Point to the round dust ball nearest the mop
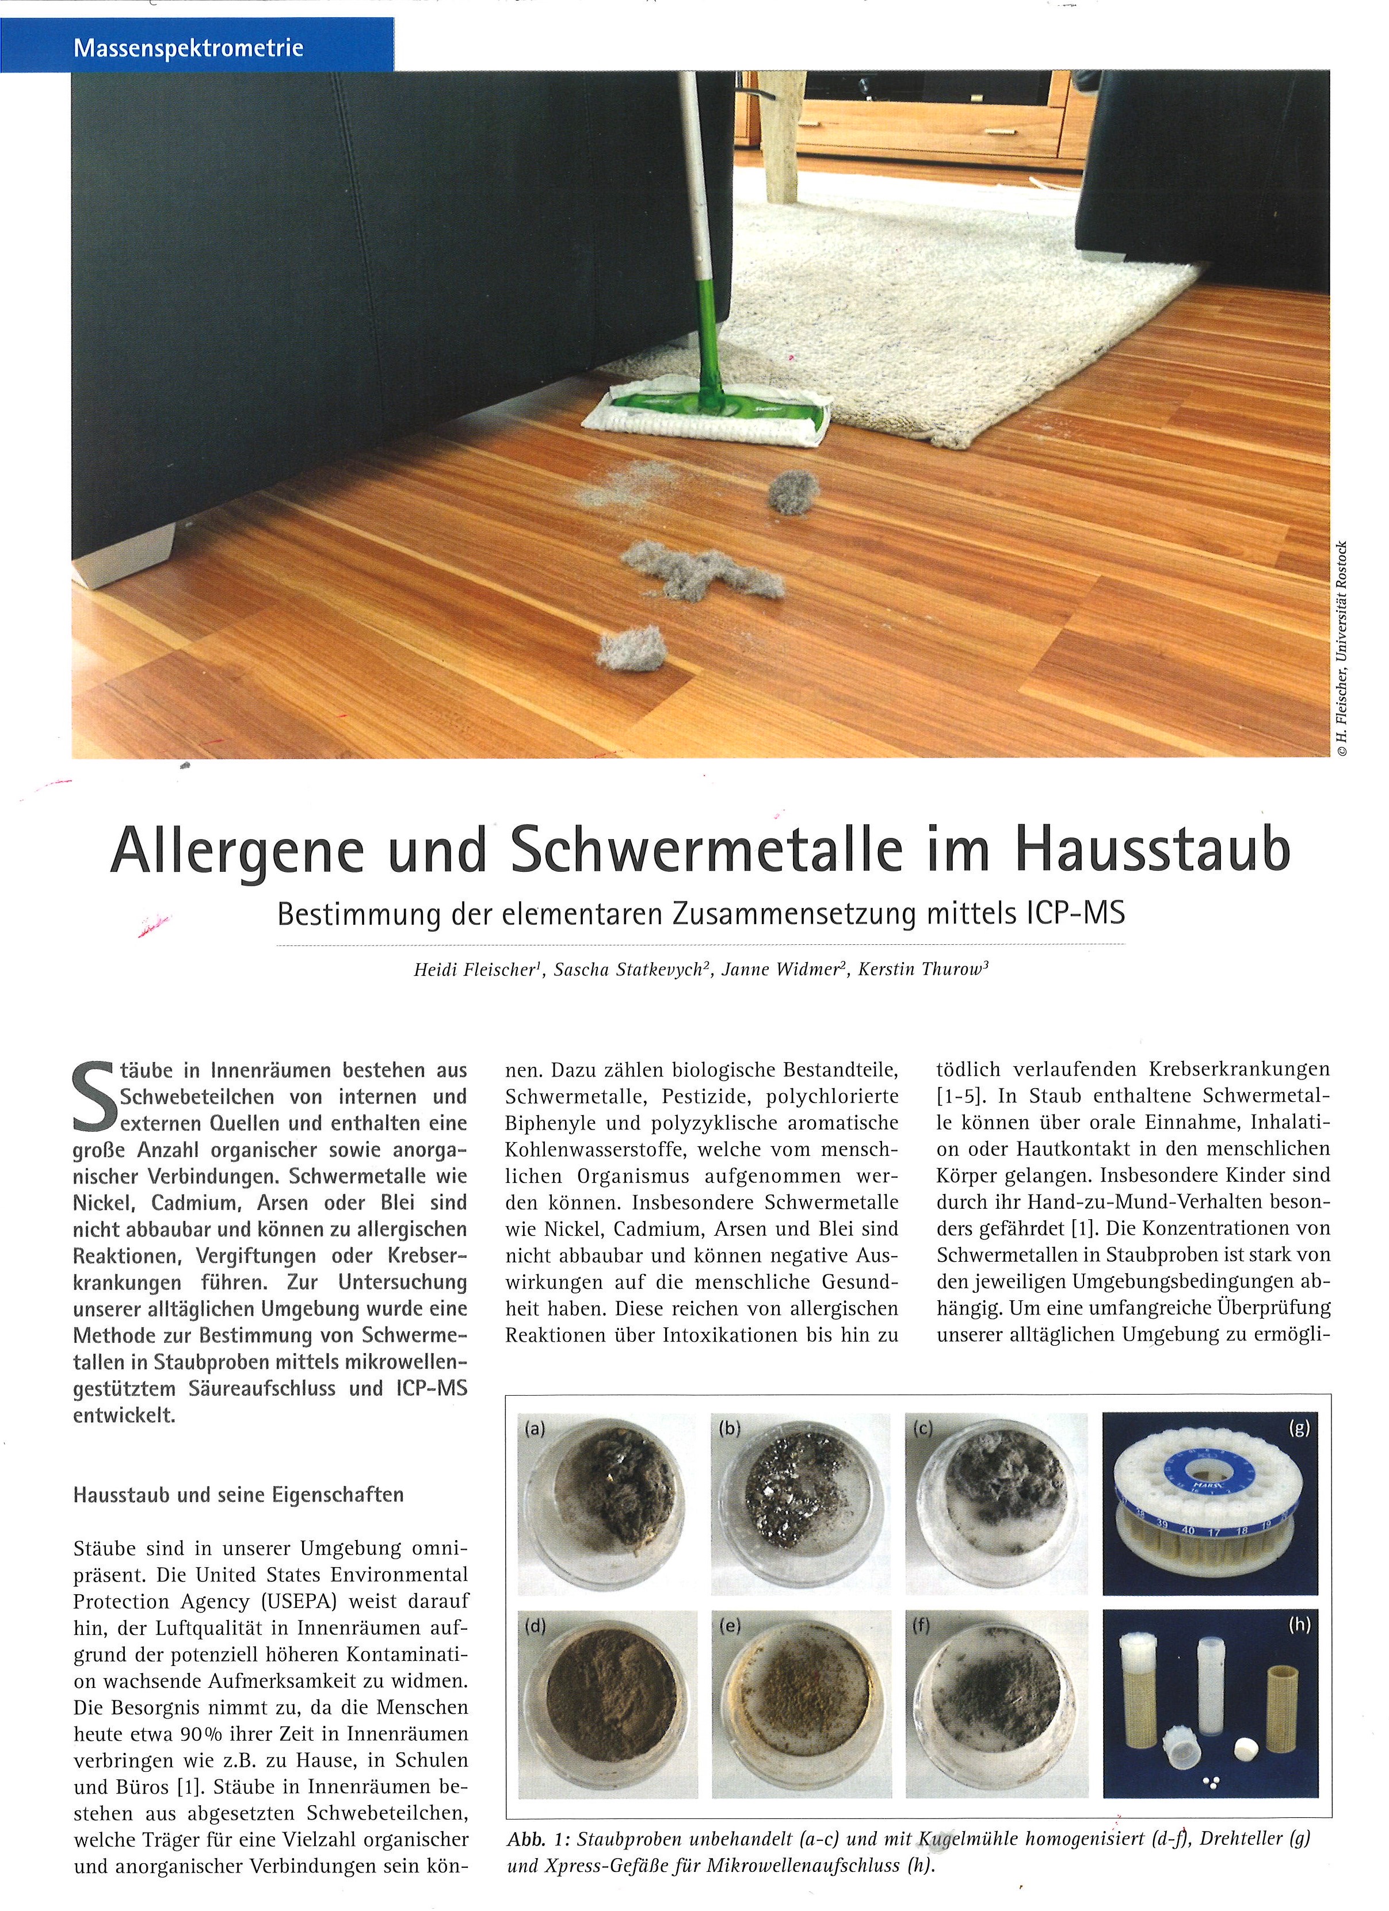tap(793, 492)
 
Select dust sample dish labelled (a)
tap(606, 1487)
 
